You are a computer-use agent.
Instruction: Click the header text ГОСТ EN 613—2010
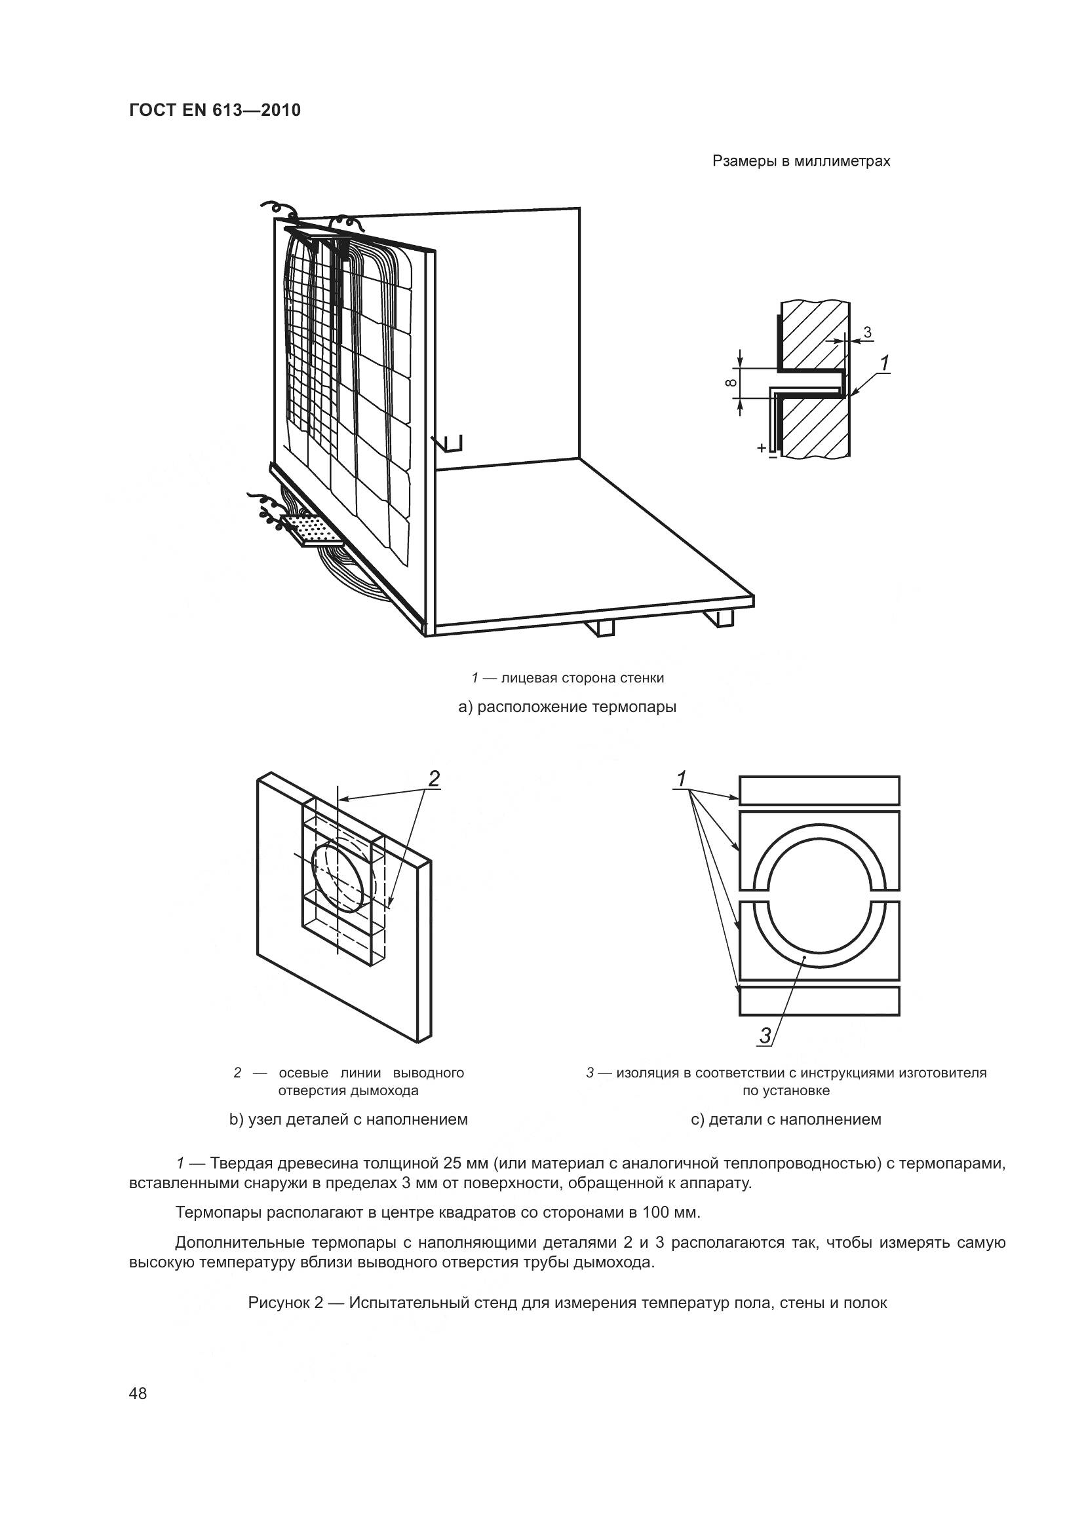click(x=214, y=110)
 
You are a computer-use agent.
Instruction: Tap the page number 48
click(x=138, y=1394)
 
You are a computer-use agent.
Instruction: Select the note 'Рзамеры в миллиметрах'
click(x=801, y=162)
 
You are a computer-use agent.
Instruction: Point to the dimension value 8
click(x=731, y=383)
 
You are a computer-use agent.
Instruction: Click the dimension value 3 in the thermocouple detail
click(x=867, y=331)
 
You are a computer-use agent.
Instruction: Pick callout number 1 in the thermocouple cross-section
click(x=884, y=364)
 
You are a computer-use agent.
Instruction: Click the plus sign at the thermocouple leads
click(x=761, y=449)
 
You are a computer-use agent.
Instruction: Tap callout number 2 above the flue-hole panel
click(x=434, y=779)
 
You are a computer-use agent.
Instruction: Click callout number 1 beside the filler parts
click(x=682, y=779)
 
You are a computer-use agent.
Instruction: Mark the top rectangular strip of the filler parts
click(x=819, y=790)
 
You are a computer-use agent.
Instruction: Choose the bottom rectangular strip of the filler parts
click(x=819, y=1001)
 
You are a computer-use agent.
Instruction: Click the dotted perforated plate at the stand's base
click(x=311, y=529)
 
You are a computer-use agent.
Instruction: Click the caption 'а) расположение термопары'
click(x=567, y=707)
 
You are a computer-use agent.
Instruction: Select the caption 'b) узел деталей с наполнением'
click(x=349, y=1119)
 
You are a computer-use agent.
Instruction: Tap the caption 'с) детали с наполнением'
click(x=786, y=1119)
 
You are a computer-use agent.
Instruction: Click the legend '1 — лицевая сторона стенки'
click(x=568, y=678)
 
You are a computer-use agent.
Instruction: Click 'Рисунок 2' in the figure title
click(x=285, y=1303)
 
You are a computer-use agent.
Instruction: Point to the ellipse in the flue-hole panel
click(x=339, y=875)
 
